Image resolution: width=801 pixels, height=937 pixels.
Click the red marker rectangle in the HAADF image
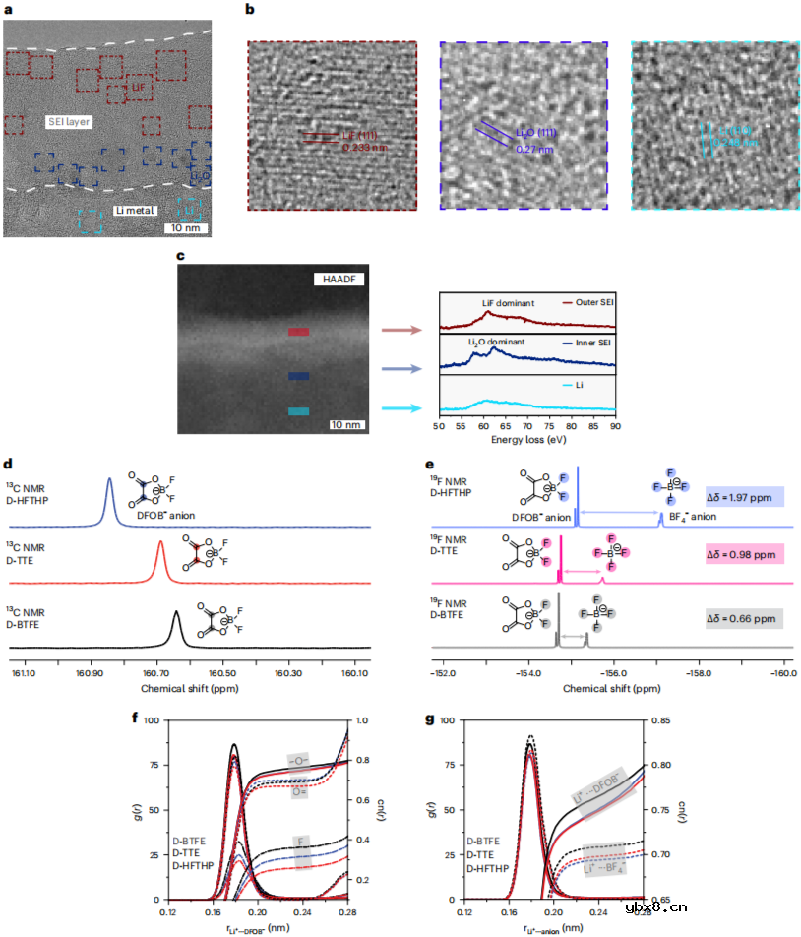pyautogui.click(x=299, y=332)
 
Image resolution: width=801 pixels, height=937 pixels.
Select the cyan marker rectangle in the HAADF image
pyautogui.click(x=299, y=411)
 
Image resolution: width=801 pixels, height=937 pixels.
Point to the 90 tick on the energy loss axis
pyautogui.click(x=616, y=429)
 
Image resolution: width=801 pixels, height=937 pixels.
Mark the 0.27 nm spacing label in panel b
pyautogui.click(x=531, y=150)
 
